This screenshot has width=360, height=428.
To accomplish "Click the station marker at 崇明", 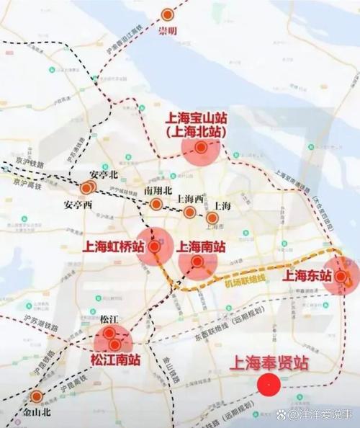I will tap(168, 14).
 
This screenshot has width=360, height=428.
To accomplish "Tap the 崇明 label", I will tap(167, 31).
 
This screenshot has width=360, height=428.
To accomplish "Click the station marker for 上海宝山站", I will tap(201, 148).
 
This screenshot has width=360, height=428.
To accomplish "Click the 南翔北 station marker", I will tap(156, 205).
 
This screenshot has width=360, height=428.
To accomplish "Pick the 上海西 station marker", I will tap(189, 212).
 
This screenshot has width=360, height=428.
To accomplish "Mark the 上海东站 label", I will tap(307, 275).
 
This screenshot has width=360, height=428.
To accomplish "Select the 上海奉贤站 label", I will tap(269, 363).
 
